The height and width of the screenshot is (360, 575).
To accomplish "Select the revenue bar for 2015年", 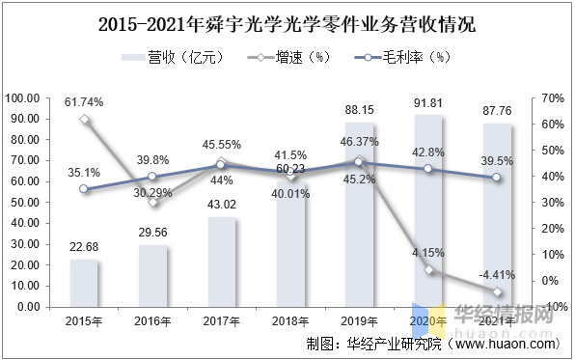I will coord(85,283).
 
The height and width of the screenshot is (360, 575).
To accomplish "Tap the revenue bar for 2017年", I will coord(222,262).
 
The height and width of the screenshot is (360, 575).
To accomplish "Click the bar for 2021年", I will coord(497,214).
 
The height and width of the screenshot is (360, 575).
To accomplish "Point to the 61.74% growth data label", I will coord(84,101).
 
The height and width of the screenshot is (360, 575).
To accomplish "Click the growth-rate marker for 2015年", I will coord(85,120).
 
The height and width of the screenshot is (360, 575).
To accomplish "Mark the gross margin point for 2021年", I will coord(497,178).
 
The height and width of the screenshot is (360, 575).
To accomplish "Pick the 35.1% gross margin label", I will coord(84,173).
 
